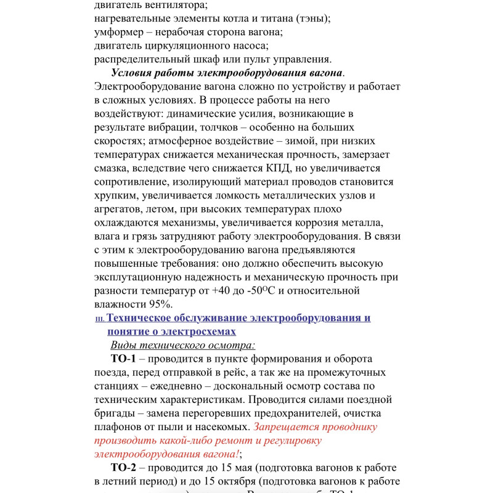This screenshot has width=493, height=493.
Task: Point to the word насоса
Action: tap(247, 46)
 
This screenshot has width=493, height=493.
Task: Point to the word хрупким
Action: tap(116, 195)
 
